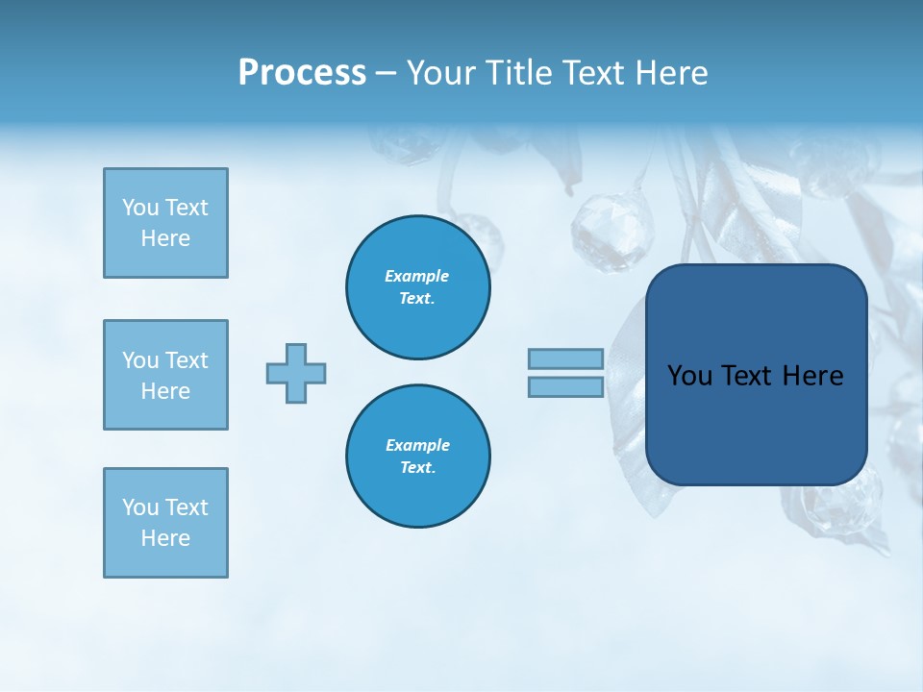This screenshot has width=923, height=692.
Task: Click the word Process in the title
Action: (x=302, y=73)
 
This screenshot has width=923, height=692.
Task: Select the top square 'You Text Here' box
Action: (x=165, y=223)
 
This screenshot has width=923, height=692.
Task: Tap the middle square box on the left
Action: (x=165, y=375)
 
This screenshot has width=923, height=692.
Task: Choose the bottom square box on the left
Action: (x=165, y=523)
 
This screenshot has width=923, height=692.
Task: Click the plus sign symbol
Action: (x=296, y=373)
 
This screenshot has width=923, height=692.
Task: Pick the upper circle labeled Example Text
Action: (x=417, y=287)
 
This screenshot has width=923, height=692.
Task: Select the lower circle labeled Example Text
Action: (x=417, y=457)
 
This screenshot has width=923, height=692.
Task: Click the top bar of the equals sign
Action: (x=565, y=359)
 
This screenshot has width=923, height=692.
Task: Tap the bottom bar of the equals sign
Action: (x=565, y=387)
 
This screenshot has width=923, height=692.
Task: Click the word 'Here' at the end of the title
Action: (x=673, y=73)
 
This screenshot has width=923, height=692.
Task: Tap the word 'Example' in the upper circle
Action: (x=416, y=276)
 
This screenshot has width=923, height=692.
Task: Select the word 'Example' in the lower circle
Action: (x=417, y=445)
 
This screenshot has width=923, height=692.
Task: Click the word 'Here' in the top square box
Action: (x=165, y=238)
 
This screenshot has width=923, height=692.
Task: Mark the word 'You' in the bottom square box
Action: (x=140, y=507)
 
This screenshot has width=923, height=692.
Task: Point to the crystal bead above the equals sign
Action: (x=599, y=231)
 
